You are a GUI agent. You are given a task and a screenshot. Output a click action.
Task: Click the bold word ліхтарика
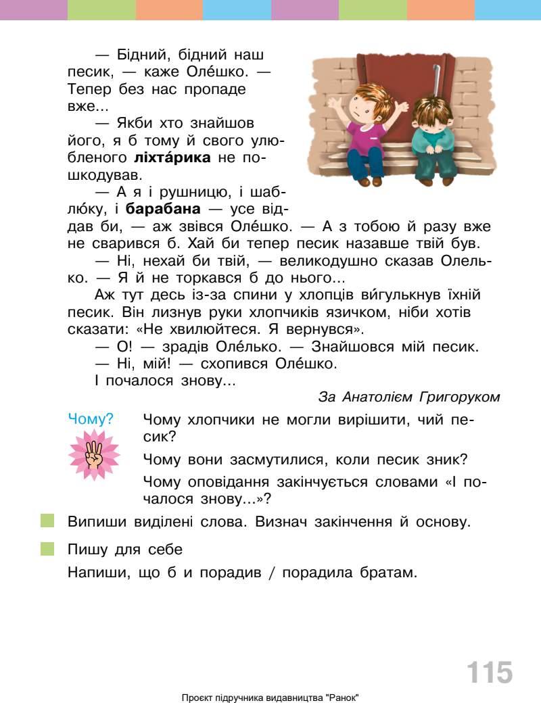(173, 159)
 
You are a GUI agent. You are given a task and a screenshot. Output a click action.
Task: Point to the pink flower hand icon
(93, 455)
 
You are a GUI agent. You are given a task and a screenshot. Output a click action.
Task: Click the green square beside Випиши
(47, 521)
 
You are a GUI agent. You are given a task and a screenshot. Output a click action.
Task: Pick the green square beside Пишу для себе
(47, 548)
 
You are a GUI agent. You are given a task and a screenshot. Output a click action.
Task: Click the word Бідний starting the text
(137, 55)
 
